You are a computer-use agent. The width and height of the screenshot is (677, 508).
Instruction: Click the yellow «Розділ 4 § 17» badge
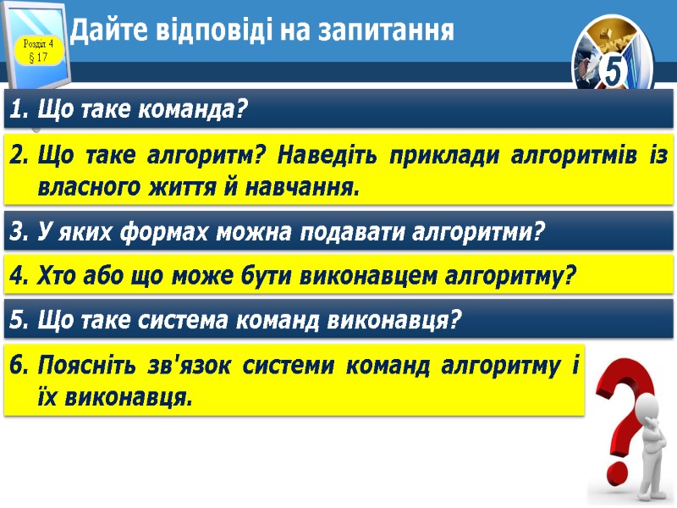pyautogui.click(x=39, y=50)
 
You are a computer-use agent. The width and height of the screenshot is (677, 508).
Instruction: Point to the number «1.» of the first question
pyautogui.click(x=20, y=109)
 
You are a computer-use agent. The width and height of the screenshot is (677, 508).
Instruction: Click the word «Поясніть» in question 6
pyautogui.click(x=81, y=367)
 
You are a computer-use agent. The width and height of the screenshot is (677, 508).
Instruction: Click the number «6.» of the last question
pyautogui.click(x=20, y=367)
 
